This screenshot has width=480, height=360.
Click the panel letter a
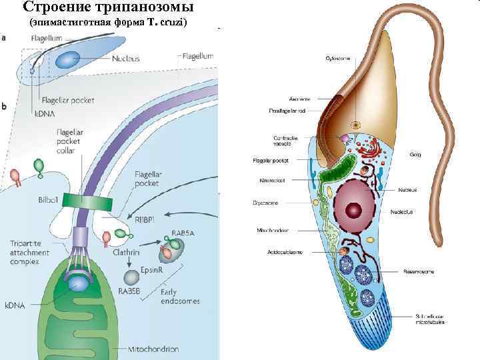5,38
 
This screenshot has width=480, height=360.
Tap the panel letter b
5,106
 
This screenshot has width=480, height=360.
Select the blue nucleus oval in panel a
67,59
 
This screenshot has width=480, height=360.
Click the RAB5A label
184,233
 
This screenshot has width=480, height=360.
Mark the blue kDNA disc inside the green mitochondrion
77,284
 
